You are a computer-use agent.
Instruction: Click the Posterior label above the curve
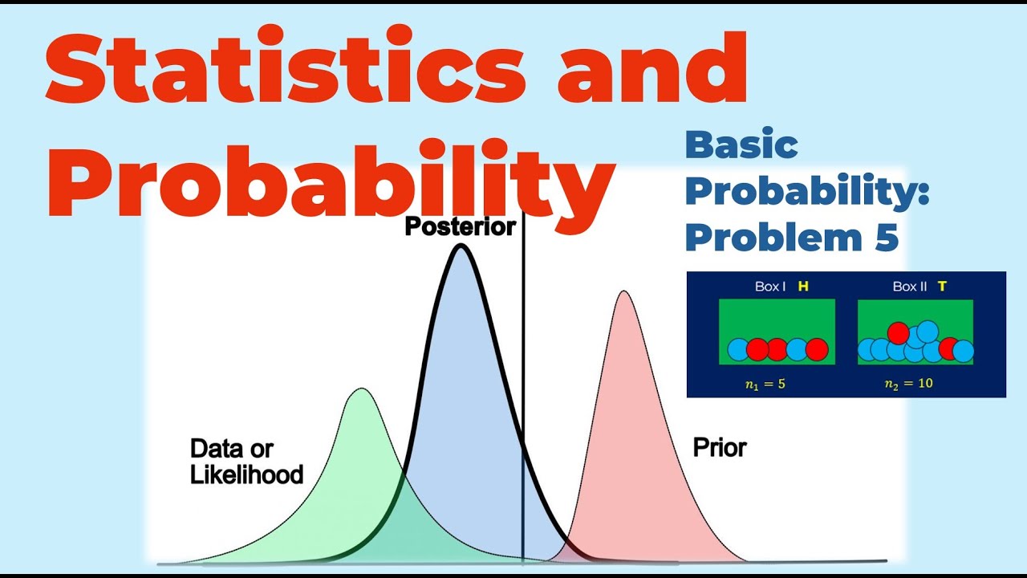(x=460, y=227)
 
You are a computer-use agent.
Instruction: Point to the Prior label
(x=720, y=448)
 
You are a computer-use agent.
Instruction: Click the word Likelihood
(x=246, y=474)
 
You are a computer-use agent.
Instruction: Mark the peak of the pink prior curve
(x=623, y=292)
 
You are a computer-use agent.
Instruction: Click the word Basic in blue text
(x=741, y=146)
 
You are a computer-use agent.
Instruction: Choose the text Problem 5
(x=792, y=238)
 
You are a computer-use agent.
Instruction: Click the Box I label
(x=770, y=287)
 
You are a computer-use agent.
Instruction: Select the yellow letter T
(x=942, y=287)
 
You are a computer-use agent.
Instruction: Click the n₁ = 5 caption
(x=765, y=384)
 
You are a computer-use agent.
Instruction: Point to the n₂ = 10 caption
(x=908, y=384)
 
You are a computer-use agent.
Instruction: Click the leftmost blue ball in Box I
(x=739, y=349)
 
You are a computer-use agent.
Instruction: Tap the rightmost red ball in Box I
(x=816, y=349)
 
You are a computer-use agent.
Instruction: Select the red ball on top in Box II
(x=898, y=332)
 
